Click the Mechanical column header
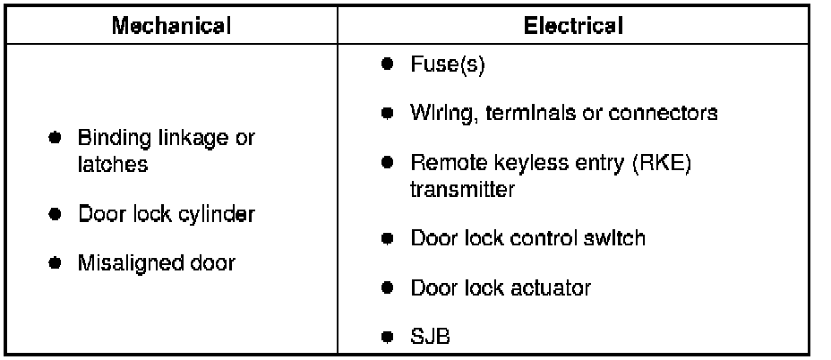(x=171, y=25)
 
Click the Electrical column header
(x=573, y=25)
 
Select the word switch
(x=616, y=239)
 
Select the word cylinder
(x=218, y=215)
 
